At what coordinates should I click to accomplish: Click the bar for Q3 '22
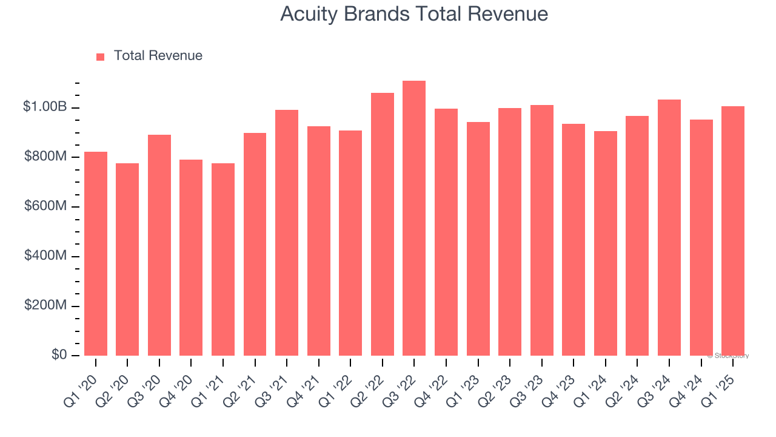click(x=414, y=218)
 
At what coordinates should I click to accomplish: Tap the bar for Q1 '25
click(x=732, y=231)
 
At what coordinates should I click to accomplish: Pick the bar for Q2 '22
click(x=383, y=225)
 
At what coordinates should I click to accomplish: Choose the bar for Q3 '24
click(x=669, y=228)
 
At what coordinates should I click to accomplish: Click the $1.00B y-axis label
click(x=45, y=107)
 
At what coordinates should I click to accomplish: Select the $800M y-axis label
click(x=45, y=157)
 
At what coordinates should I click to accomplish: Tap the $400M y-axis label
click(x=45, y=256)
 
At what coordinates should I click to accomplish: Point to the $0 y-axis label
click(x=58, y=354)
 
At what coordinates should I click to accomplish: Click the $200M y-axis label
click(x=45, y=305)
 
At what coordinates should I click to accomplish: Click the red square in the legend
click(x=101, y=56)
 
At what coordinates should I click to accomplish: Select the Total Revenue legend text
click(x=158, y=56)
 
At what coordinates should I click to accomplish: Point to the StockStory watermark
click(x=728, y=356)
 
